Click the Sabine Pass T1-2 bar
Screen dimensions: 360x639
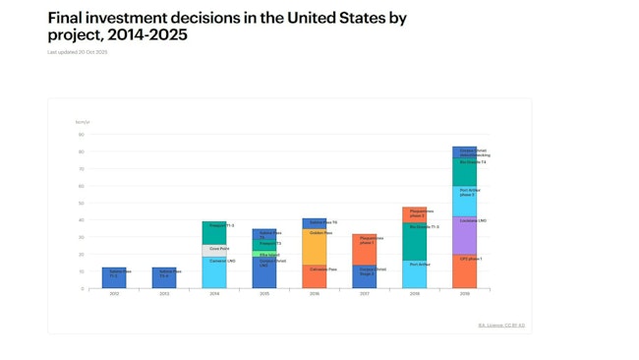point(114,278)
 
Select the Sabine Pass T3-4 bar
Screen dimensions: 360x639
point(164,278)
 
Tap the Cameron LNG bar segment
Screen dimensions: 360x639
point(214,272)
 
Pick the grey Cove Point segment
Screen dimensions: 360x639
point(214,250)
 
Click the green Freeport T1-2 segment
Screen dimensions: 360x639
point(214,232)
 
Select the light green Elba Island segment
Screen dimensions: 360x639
point(264,254)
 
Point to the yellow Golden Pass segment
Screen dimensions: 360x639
point(315,247)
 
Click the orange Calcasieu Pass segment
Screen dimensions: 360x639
point(315,276)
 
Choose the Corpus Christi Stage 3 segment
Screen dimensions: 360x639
point(365,276)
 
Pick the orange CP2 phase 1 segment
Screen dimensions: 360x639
point(464,271)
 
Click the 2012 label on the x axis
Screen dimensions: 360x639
point(114,294)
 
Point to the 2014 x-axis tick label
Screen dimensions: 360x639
point(214,294)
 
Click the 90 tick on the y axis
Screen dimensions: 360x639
point(82,135)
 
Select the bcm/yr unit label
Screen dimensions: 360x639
point(83,122)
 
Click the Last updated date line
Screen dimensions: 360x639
point(78,52)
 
